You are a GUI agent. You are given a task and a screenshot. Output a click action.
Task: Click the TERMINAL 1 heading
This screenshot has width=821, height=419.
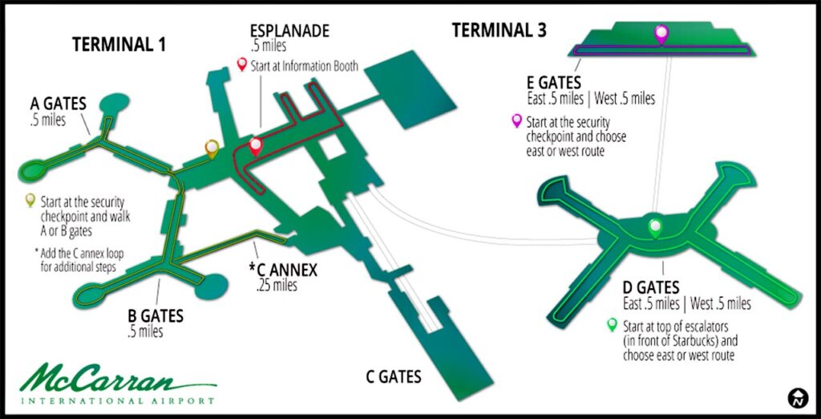tap(119, 45)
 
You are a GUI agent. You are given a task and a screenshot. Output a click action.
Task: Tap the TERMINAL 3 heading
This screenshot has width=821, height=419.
tap(499, 31)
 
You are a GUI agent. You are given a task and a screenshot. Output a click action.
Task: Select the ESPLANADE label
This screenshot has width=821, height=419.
tap(289, 31)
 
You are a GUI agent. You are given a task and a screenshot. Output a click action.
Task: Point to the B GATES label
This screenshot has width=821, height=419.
tap(156, 316)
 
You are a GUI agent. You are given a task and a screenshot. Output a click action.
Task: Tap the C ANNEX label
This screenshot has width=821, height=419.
tap(283, 270)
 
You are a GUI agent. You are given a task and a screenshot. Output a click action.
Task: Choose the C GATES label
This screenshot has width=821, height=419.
tap(393, 377)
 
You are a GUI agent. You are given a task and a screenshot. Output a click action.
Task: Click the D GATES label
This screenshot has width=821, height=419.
tap(651, 287)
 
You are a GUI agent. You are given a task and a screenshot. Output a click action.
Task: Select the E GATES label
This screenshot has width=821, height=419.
tap(554, 83)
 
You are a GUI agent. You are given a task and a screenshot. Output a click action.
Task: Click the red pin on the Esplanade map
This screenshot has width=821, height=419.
tap(256, 145)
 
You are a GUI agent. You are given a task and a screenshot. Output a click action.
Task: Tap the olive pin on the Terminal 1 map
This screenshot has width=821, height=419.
tap(211, 148)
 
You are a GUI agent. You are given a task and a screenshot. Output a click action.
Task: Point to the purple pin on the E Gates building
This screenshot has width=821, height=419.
tap(661, 34)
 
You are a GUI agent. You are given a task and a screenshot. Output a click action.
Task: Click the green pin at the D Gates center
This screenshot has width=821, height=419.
tap(654, 228)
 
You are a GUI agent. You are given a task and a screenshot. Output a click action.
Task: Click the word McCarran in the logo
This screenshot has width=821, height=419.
tap(118, 379)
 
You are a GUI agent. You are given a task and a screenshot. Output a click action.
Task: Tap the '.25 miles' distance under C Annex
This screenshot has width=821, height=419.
tap(277, 286)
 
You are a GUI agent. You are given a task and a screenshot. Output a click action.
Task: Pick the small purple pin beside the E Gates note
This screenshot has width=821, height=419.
tap(517, 121)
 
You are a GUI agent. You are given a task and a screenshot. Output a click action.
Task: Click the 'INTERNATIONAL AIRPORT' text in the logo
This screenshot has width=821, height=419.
tap(118, 401)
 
